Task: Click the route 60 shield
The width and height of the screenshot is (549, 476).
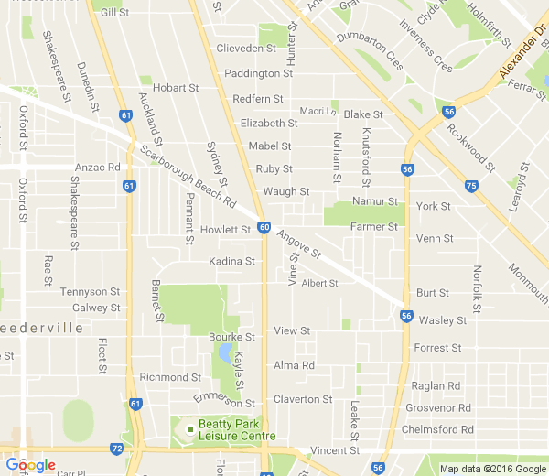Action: click(x=264, y=226)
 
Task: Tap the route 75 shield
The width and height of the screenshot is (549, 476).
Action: click(x=470, y=187)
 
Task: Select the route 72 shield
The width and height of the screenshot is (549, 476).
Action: click(x=116, y=449)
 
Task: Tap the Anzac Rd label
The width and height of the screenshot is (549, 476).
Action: click(x=99, y=168)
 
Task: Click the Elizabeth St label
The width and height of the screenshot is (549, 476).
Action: click(x=268, y=123)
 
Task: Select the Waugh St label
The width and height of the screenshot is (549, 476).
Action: click(x=286, y=192)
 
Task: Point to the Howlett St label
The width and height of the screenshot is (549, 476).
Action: click(x=225, y=230)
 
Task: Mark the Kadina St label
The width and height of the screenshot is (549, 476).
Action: click(x=231, y=262)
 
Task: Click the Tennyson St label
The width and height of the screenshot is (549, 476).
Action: click(x=90, y=292)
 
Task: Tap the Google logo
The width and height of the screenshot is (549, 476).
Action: click(x=30, y=465)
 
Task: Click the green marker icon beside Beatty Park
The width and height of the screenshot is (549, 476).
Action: click(x=190, y=429)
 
